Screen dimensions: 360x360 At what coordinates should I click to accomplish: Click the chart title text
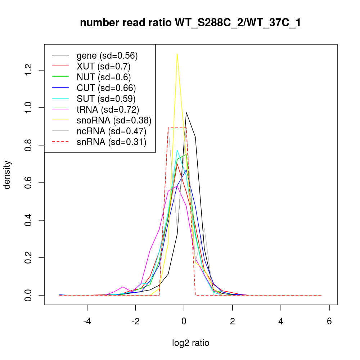[x=190, y=23]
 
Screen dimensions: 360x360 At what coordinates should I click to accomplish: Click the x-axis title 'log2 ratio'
[x=190, y=343]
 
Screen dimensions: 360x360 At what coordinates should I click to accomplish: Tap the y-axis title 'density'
[x=7, y=175]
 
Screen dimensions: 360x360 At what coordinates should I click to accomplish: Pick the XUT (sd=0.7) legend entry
[x=103, y=66]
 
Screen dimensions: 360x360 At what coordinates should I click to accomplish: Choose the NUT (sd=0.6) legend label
[x=104, y=77]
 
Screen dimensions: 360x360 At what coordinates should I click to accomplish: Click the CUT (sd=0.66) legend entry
[x=106, y=88]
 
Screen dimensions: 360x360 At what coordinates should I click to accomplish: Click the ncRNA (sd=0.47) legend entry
[x=111, y=131]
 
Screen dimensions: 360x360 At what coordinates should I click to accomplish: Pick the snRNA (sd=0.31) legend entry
[x=111, y=142]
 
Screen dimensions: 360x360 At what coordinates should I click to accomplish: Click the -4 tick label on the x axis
[x=87, y=321]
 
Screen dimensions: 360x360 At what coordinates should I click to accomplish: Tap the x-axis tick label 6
[x=329, y=321]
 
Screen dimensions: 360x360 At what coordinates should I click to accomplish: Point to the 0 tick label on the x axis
[x=184, y=321]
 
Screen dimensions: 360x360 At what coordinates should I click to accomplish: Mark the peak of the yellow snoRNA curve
[x=177, y=54]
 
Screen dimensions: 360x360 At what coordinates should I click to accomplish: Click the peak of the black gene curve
[x=186, y=112]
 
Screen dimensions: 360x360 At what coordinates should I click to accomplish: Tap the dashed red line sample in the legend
[x=60, y=142]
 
